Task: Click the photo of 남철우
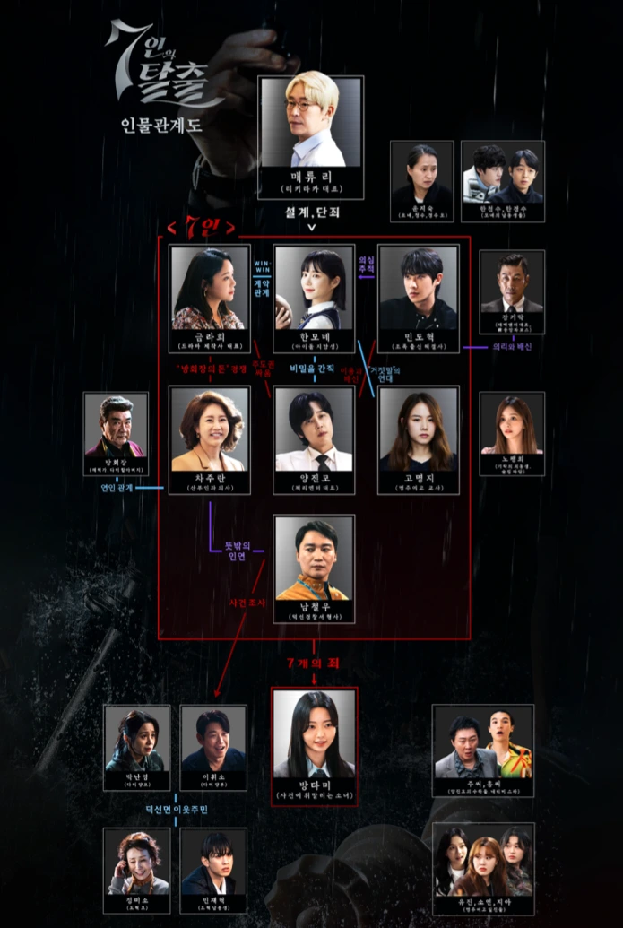[314, 558]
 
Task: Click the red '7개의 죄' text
[314, 663]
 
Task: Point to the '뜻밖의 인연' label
[230, 549]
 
